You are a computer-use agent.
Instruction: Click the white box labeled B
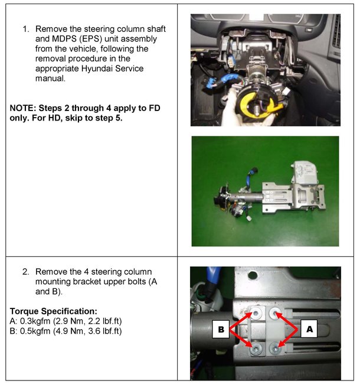click(221, 329)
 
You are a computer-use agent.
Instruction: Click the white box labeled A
click(309, 329)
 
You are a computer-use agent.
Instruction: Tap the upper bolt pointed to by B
click(256, 313)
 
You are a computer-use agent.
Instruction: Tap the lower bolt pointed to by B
click(256, 348)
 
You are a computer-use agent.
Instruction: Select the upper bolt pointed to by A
click(274, 313)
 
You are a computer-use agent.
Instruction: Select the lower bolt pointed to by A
click(274, 349)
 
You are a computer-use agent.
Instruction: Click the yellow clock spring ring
click(257, 105)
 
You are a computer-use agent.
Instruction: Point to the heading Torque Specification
click(54, 311)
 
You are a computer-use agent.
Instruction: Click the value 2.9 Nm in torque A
click(69, 321)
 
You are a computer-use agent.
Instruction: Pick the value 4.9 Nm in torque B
click(70, 331)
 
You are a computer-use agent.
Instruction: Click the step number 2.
click(25, 272)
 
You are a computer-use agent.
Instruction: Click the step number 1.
click(25, 29)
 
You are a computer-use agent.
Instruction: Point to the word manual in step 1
click(50, 79)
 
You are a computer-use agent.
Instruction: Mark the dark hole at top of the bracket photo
click(252, 275)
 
